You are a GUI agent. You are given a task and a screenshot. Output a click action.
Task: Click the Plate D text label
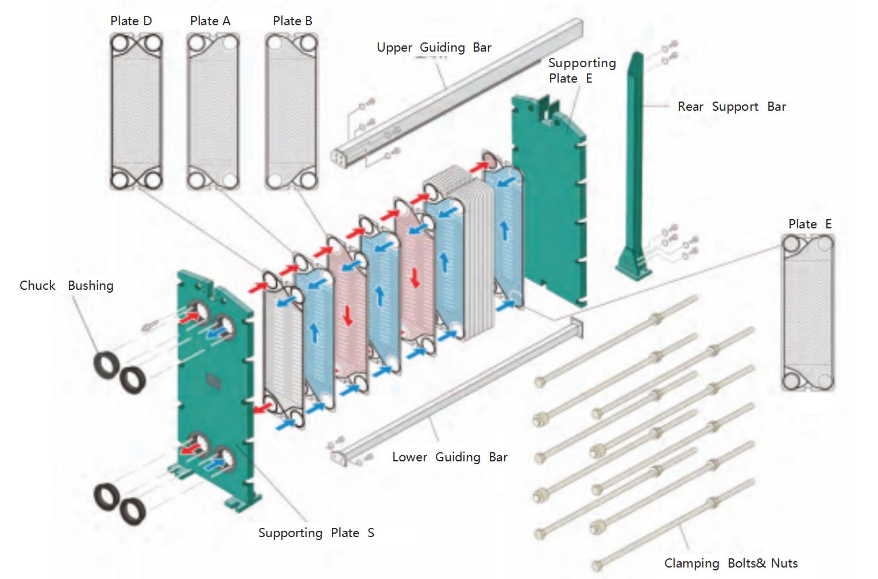[131, 21]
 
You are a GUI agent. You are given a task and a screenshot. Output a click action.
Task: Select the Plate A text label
[210, 21]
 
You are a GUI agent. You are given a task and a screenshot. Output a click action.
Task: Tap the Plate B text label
[292, 21]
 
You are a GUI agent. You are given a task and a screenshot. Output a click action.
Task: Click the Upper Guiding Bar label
[434, 48]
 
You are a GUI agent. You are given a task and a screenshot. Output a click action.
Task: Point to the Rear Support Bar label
[731, 107]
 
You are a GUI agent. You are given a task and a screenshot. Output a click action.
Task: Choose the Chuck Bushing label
[66, 286]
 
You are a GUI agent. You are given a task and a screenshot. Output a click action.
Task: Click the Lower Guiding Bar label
[450, 457]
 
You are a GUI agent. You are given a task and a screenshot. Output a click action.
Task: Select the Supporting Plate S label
[316, 533]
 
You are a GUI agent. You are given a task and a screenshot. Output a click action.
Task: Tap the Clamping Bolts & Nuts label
[730, 564]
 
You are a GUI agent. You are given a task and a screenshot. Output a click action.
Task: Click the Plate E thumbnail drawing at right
[808, 313]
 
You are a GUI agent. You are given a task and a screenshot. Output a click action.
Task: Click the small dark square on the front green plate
[212, 380]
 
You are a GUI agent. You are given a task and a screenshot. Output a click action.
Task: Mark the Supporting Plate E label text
[581, 71]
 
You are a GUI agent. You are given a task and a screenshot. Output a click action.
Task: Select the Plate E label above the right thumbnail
[810, 224]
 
